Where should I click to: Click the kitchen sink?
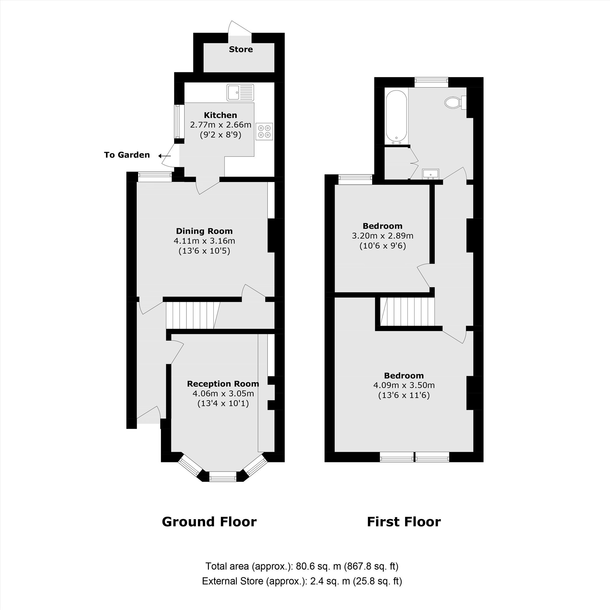pyautogui.click(x=240, y=92)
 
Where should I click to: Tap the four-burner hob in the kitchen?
pyautogui.click(x=264, y=131)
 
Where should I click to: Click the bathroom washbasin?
pyautogui.click(x=430, y=174)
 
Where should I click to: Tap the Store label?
pyautogui.click(x=241, y=49)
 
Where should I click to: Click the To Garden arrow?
pyautogui.click(x=164, y=156)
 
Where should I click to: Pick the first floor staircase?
pyautogui.click(x=407, y=312)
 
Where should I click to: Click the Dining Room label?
pyautogui.click(x=204, y=231)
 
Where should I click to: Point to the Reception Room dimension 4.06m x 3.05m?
pyautogui.click(x=223, y=394)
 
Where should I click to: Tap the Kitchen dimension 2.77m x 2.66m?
pyautogui.click(x=221, y=125)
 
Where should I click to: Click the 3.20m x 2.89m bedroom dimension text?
pyautogui.click(x=383, y=236)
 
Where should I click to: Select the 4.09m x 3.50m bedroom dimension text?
pyautogui.click(x=404, y=385)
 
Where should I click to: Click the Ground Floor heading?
pyautogui.click(x=209, y=522)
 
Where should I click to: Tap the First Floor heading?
pyautogui.click(x=404, y=522)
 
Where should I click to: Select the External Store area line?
pyautogui.click(x=302, y=590)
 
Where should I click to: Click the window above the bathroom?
pyautogui.click(x=431, y=82)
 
